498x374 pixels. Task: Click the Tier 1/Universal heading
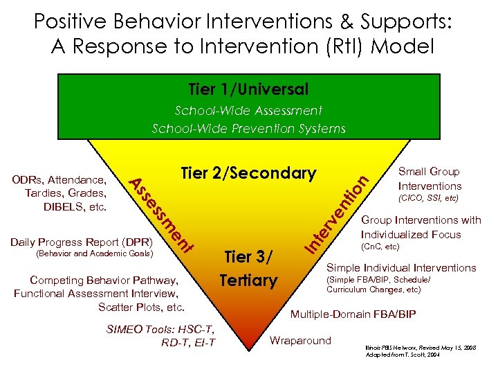248,90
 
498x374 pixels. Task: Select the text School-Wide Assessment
248,111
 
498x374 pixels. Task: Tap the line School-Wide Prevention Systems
248,128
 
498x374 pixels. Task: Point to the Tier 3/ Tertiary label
248,269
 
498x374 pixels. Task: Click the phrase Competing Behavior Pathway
104,280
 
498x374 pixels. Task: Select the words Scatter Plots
141,307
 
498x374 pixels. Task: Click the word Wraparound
300,340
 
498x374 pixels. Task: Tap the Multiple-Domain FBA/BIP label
353,314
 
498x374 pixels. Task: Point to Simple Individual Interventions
401,267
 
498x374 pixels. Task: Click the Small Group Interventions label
430,179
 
